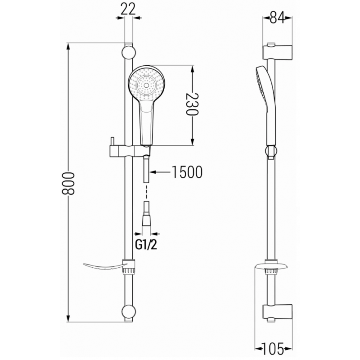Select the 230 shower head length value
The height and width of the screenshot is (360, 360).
193,106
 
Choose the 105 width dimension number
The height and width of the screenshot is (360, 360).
276,347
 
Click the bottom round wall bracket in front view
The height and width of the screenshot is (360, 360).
129,312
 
